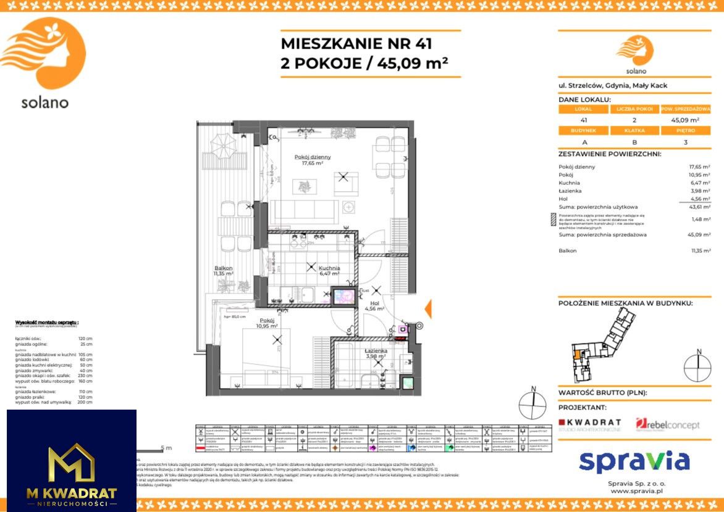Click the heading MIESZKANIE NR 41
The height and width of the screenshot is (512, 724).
tap(356, 44)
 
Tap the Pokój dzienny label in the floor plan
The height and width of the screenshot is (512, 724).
tap(314, 160)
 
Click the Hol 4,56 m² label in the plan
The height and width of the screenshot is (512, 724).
tap(374, 307)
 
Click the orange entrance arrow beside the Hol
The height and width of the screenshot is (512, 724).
tap(427, 308)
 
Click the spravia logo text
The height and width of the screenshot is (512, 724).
tap(634, 461)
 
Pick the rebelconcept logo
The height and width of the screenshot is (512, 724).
tap(668, 424)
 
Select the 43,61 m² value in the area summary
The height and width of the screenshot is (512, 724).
tap(699, 207)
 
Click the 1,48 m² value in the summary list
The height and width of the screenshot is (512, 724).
tap(699, 219)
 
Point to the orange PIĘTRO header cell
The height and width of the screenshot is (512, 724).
tap(685, 131)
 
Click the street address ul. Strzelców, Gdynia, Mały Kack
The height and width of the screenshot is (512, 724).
tap(612, 86)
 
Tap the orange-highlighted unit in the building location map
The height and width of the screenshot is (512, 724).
tap(577, 354)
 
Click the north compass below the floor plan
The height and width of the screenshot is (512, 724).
tap(532, 404)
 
